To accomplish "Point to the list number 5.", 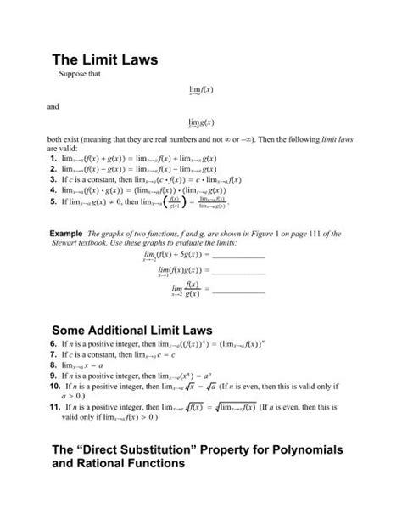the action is point(53,202).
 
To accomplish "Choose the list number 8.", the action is point(53,363).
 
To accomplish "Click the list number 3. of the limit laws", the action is point(53,179).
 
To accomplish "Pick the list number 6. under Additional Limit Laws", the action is point(53,341).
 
